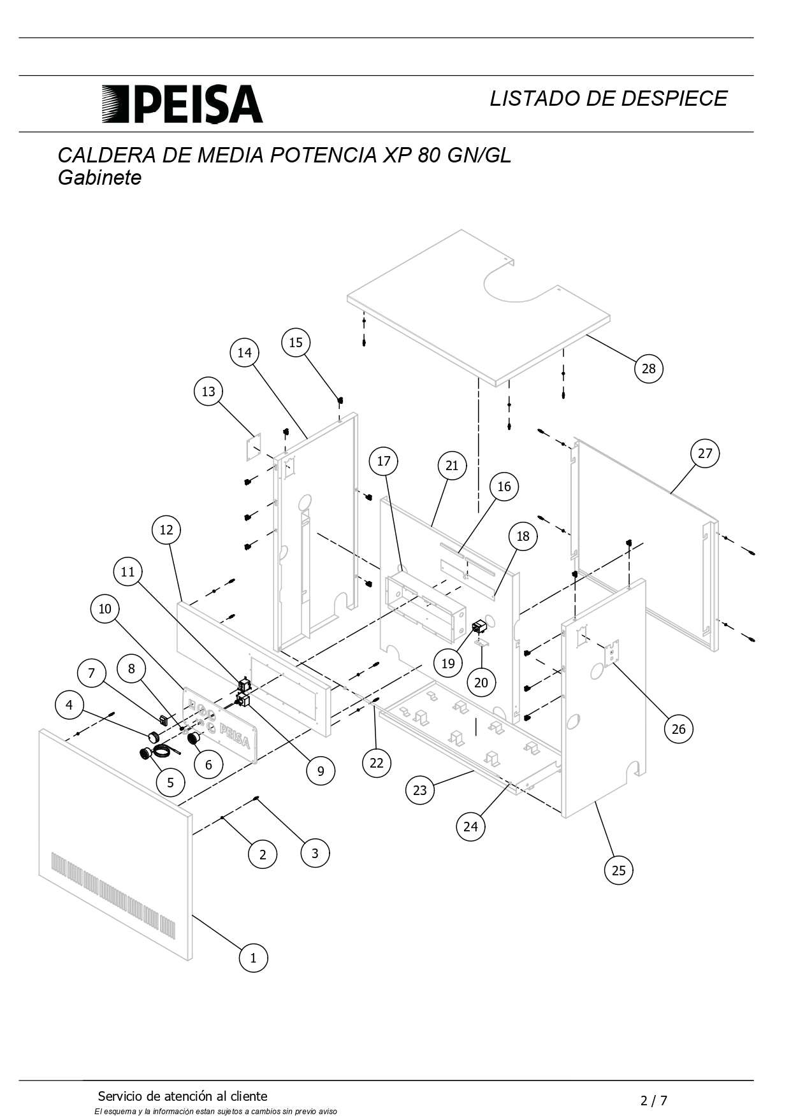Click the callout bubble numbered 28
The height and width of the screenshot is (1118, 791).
648,368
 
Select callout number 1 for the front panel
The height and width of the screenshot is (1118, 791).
253,957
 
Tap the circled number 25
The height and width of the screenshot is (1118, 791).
618,870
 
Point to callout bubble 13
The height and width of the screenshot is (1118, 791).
208,391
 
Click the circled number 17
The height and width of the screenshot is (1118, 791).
384,461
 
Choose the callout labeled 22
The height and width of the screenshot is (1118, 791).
377,763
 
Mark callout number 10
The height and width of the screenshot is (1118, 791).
105,608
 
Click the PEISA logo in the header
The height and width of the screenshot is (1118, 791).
182,104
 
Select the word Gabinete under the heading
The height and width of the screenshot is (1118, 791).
99,178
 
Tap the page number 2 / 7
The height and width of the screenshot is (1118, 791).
653,1100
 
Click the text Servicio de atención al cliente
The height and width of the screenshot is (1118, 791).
182,1096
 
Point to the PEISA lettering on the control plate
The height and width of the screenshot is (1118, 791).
235,736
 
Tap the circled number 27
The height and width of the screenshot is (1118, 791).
704,453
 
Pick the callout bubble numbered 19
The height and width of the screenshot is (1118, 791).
448,663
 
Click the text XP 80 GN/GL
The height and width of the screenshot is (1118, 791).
447,155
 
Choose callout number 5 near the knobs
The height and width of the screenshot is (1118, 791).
170,782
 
